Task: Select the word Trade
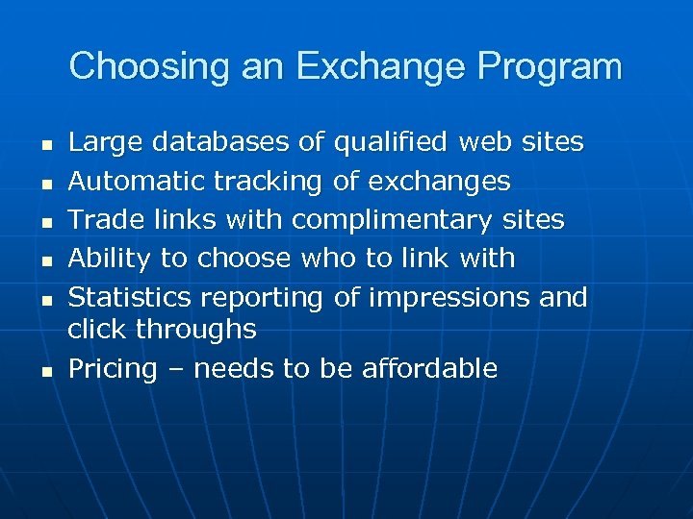pyautogui.click(x=101, y=219)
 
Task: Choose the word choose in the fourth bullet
pyautogui.click(x=245, y=259)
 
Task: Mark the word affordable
pyautogui.click(x=429, y=368)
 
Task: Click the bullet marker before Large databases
pyautogui.click(x=45, y=145)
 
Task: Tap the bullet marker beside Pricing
pyautogui.click(x=45, y=371)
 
